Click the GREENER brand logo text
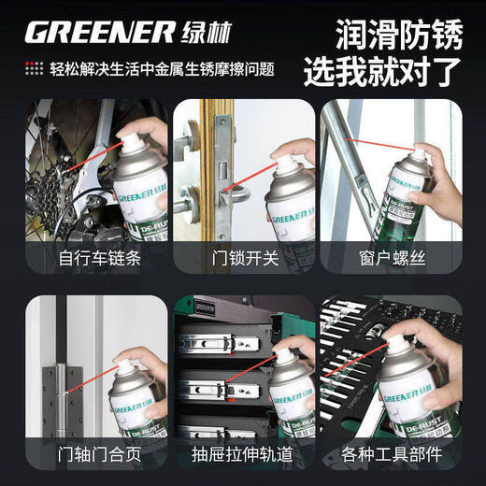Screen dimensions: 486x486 point(99,33)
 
